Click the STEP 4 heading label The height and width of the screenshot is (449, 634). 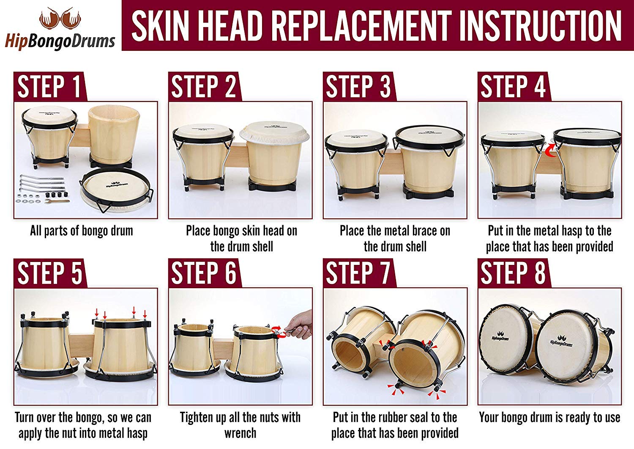point(513,87)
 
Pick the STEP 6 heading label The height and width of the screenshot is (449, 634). point(203,273)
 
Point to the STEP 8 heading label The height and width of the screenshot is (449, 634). point(513,273)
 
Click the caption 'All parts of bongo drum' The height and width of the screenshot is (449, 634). point(81,231)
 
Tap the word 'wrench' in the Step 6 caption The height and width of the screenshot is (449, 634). point(240,433)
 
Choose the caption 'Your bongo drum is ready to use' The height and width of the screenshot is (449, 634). point(549,418)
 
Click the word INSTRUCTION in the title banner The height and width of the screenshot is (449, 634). point(540,26)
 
